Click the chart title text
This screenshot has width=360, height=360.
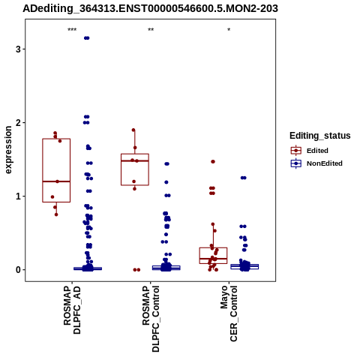click(150, 8)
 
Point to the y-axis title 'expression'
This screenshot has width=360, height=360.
click(8, 150)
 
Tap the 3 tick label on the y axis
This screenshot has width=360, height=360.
click(18, 49)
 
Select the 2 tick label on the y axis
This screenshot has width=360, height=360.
click(18, 123)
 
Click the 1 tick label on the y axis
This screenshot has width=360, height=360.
click(18, 196)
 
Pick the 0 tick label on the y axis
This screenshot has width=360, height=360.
click(18, 270)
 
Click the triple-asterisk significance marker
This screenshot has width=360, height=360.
click(72, 30)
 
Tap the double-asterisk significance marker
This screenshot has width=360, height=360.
click(151, 30)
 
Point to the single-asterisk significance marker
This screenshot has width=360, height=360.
click(229, 30)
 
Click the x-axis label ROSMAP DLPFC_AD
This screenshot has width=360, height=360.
click(72, 310)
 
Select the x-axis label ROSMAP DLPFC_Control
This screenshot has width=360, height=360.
click(151, 319)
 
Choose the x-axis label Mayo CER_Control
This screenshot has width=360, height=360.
click(229, 313)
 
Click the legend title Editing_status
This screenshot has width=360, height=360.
click(320, 136)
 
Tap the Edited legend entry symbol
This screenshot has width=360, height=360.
click(296, 151)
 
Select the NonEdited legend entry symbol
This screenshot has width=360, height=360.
click(296, 163)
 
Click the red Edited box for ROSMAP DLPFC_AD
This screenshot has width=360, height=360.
click(56, 139)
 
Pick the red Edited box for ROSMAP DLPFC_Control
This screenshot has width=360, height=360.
click(135, 154)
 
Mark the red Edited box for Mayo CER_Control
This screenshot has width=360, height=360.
click(213, 247)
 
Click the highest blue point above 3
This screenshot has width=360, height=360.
click(87, 38)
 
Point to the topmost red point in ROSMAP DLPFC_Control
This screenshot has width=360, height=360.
click(133, 130)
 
